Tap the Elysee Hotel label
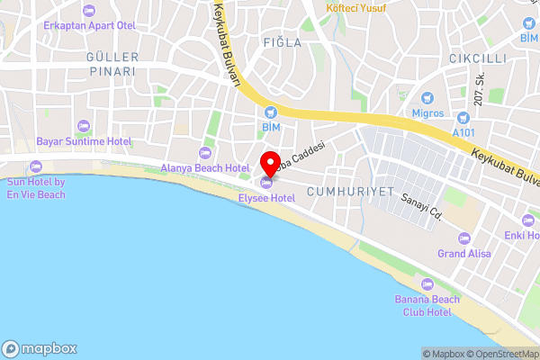tap(266, 197)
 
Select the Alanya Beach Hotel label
tap(204, 167)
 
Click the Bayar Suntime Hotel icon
tap(84, 126)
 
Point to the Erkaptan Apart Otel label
tap(87, 24)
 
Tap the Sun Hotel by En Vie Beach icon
tap(36, 166)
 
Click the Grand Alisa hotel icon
tap(464, 238)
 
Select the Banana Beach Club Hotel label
tap(422, 305)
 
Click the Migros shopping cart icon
tap(428, 97)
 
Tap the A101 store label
tap(463, 132)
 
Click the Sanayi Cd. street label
tap(423, 206)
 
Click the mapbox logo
tap(40, 348)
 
